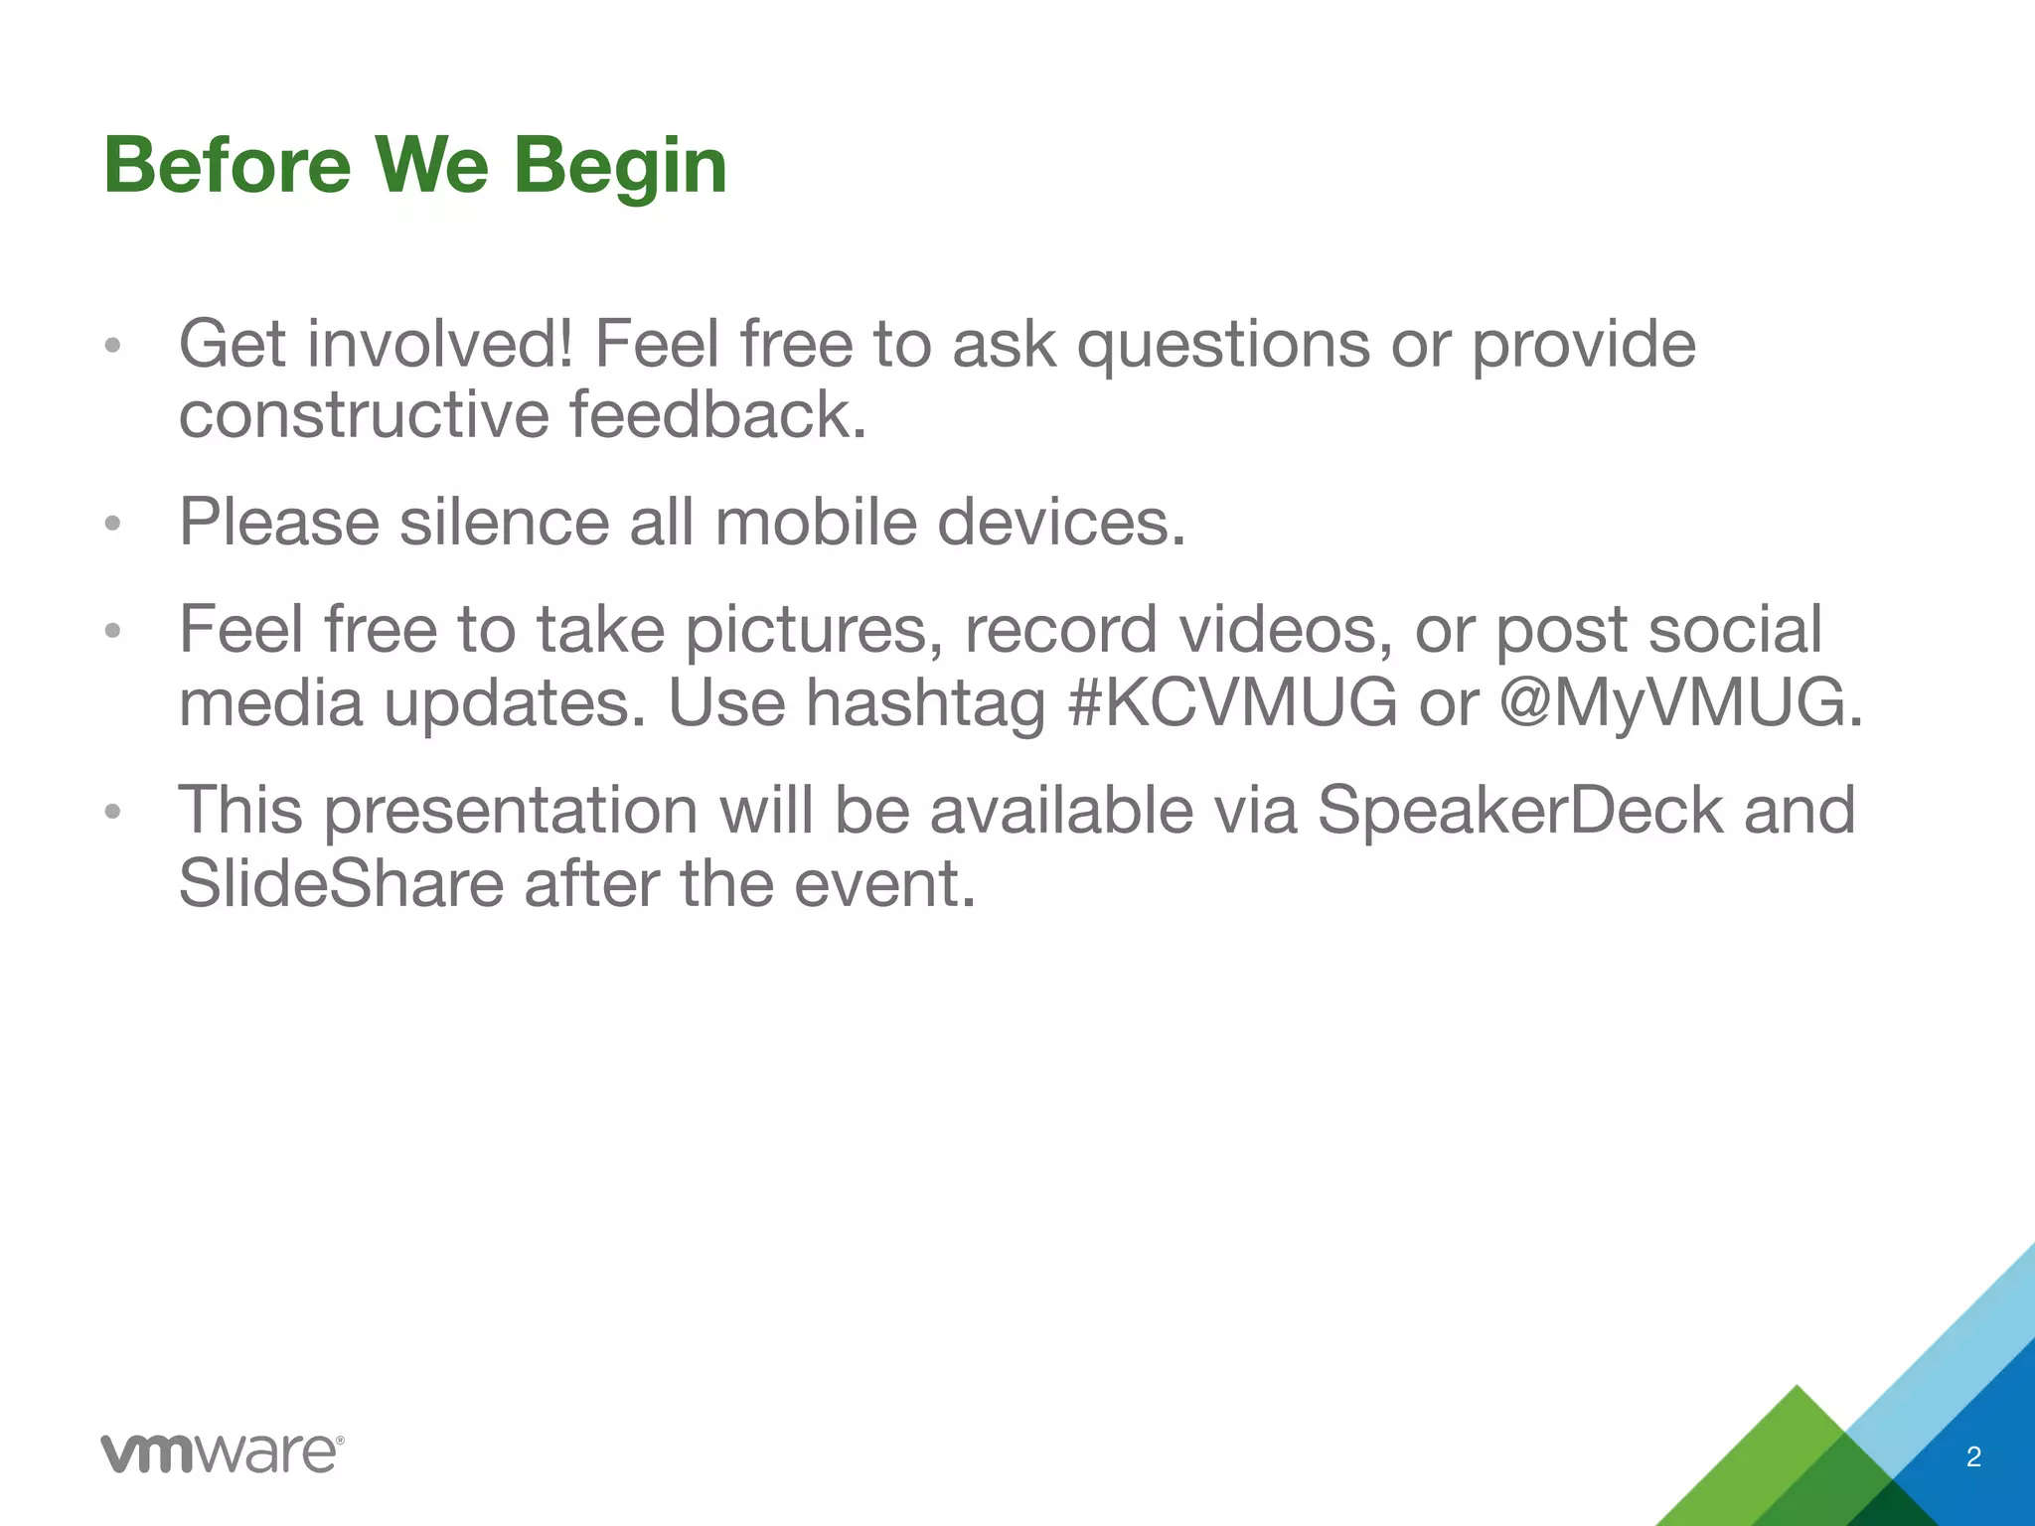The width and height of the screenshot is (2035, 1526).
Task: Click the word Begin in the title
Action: (620, 167)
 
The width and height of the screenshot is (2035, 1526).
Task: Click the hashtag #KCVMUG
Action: (1232, 703)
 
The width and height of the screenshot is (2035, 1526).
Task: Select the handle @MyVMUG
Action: (1679, 703)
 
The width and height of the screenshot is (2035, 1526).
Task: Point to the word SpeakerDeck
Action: (1520, 810)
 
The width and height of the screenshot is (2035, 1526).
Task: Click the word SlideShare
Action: (341, 883)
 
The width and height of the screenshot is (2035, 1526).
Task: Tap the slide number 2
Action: (1973, 1457)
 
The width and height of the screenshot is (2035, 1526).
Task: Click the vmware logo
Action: (223, 1453)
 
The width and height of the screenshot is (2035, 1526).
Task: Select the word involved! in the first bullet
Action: (439, 344)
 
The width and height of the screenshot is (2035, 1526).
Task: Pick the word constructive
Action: (364, 414)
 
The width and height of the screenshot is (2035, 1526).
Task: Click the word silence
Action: (504, 522)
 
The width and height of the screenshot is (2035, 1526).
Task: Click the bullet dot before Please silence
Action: (113, 524)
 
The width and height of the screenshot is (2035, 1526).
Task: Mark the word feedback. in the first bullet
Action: (718, 414)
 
